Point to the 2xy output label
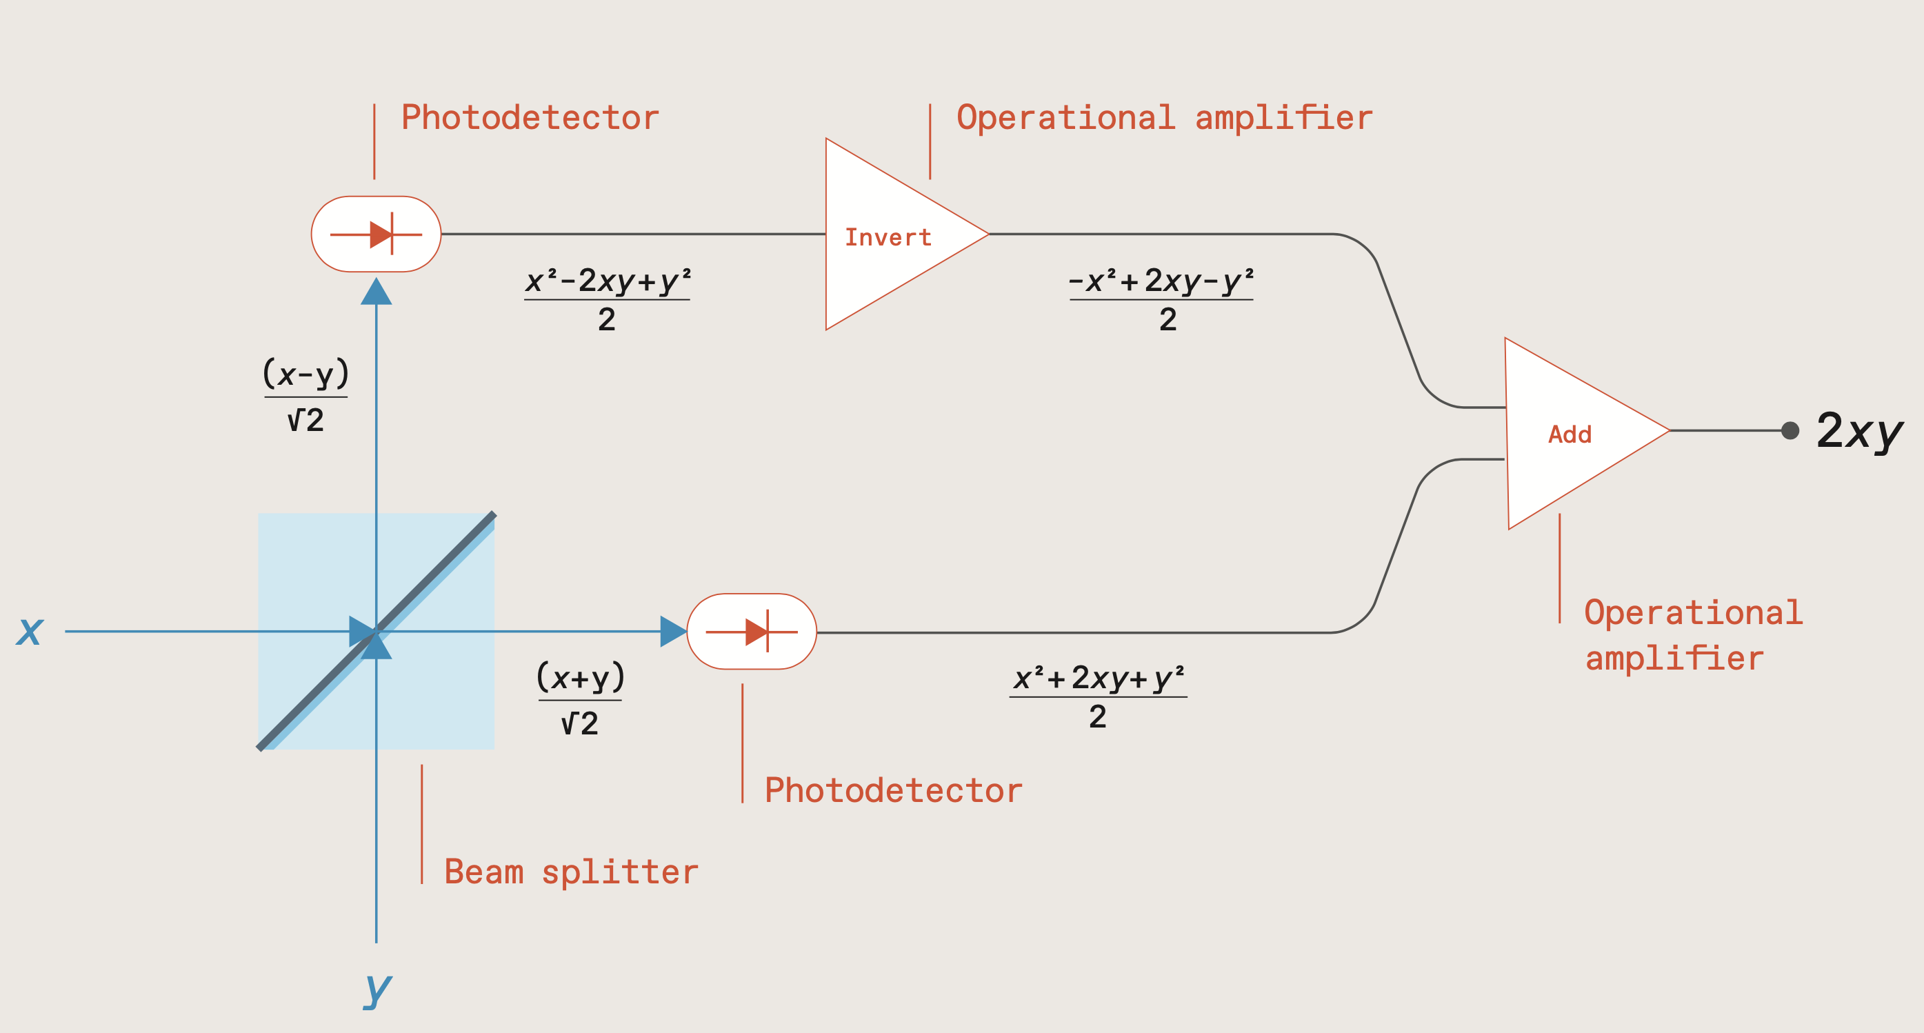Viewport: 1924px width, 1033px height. pos(1859,432)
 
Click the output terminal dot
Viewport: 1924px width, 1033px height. pos(1790,431)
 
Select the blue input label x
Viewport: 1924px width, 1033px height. pos(30,630)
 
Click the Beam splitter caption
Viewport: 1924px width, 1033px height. pos(572,872)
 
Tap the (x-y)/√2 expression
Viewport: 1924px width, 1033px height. pos(305,396)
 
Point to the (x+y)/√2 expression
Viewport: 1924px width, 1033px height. pos(579,699)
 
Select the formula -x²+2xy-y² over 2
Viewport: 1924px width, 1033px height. pos(1161,299)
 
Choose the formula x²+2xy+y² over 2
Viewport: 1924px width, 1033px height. pos(1098,696)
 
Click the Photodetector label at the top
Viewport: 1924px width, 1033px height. pos(530,118)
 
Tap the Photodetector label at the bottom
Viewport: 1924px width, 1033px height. pos(893,791)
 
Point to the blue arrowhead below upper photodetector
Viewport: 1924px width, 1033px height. pos(377,292)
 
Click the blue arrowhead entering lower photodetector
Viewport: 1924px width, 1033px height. pos(673,632)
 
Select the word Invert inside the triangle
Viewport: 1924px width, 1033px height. pos(888,237)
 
